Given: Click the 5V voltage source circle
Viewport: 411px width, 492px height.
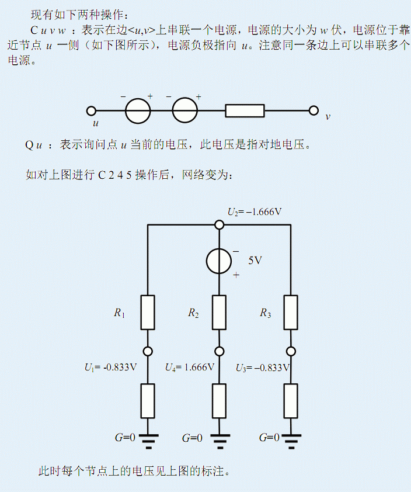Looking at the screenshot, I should [x=219, y=261].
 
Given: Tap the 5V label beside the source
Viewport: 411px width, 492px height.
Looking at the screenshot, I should [x=255, y=261].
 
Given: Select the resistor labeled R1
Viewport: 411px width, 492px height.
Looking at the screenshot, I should [x=148, y=313].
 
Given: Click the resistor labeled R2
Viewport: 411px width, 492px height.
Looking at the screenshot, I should [x=219, y=313].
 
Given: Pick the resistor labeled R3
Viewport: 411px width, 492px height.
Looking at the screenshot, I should [x=290, y=313].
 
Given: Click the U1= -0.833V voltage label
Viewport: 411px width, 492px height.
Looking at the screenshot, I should [x=110, y=368].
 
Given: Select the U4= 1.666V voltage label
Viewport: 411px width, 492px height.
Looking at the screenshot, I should [x=189, y=368].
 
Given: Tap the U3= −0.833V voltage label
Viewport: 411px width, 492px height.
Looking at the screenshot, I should [x=262, y=368].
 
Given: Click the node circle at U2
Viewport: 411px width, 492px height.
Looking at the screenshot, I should [x=219, y=225].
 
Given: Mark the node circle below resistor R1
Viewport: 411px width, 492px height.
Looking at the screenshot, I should [x=148, y=351].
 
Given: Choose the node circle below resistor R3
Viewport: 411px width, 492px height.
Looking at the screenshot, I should [x=290, y=351].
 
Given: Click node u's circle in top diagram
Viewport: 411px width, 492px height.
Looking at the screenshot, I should [x=91, y=110].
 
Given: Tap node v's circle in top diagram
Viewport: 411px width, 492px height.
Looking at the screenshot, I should [x=314, y=110].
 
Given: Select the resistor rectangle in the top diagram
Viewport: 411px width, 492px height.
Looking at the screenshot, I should [x=245, y=110].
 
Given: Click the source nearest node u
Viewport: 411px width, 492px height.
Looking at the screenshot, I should [x=138, y=110].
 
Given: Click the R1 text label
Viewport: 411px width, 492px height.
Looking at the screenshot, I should [x=119, y=314].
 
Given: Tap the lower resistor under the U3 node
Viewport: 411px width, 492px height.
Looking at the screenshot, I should [x=290, y=401].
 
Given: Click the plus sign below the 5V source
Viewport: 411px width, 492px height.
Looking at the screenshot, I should [x=236, y=275].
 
